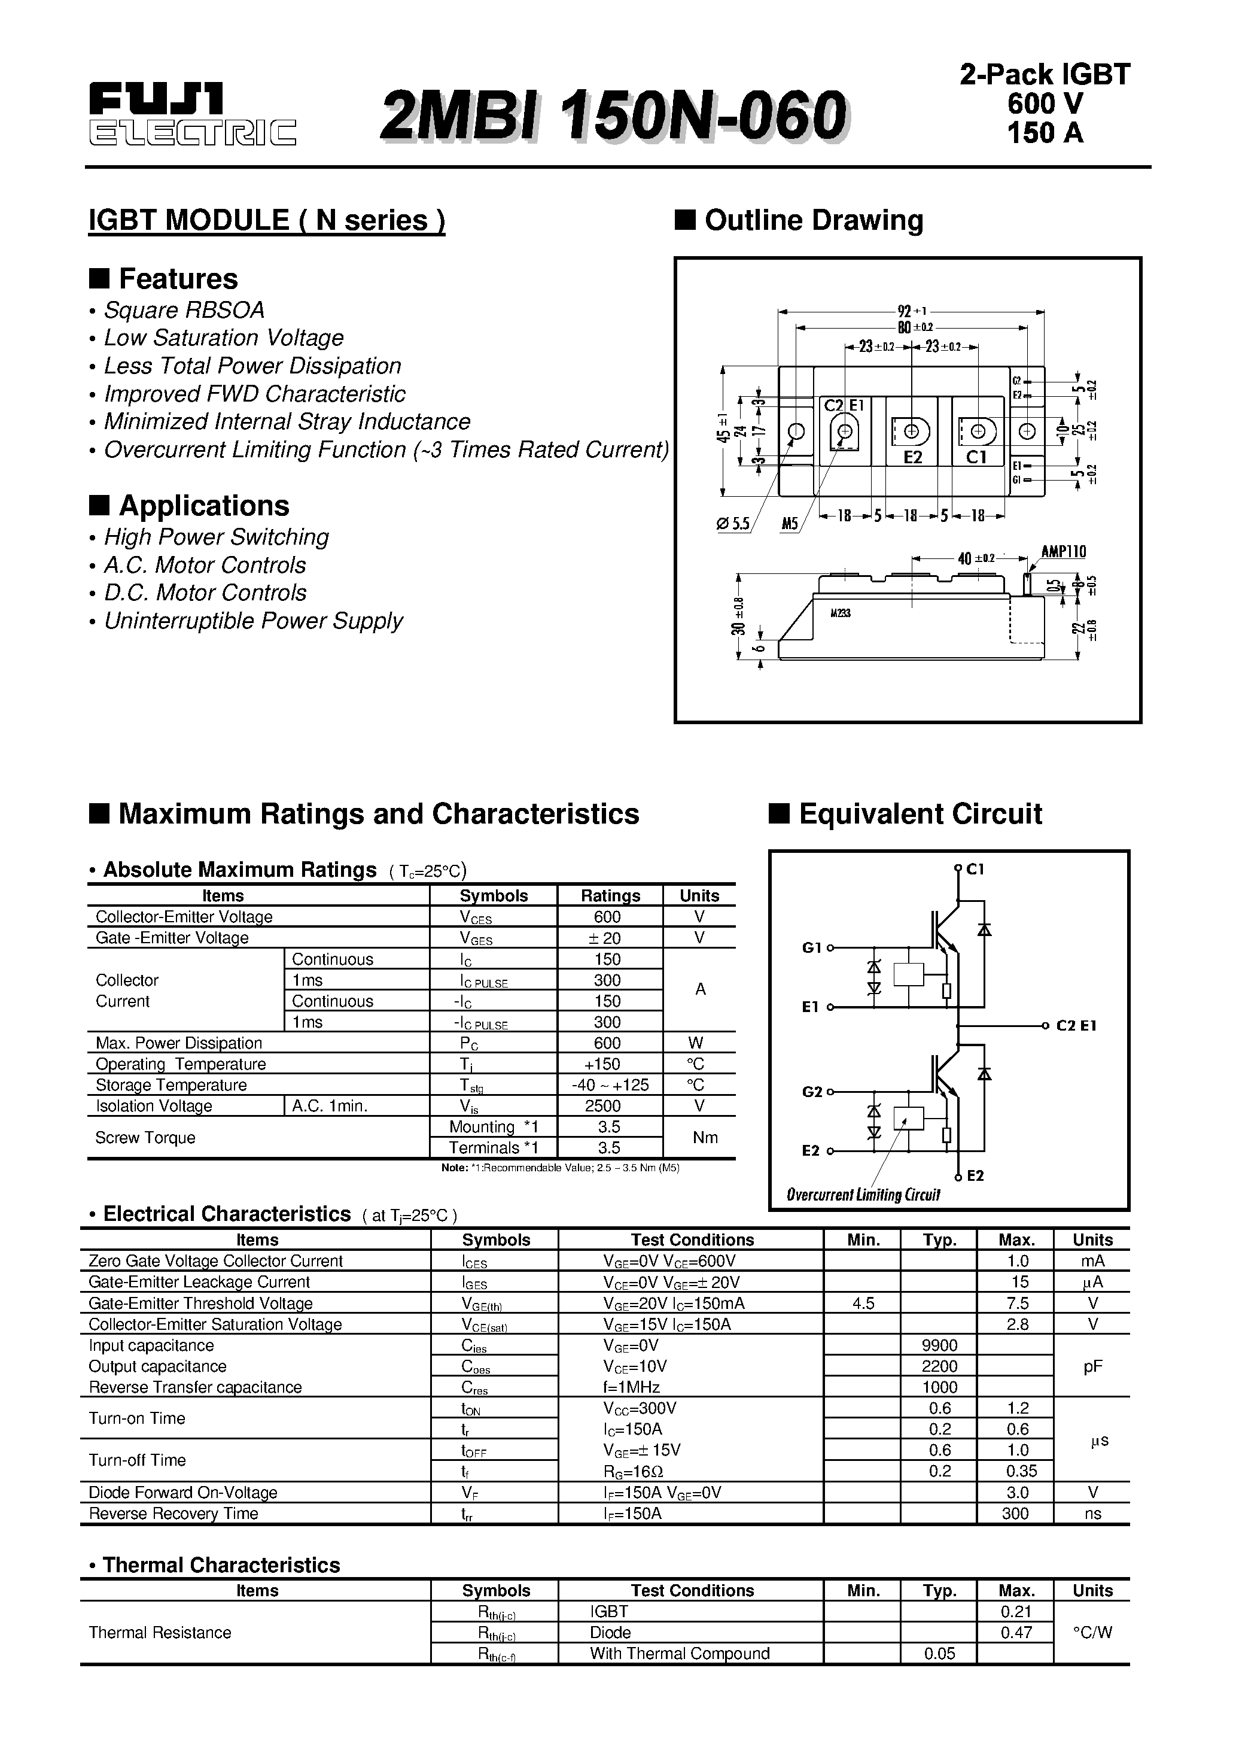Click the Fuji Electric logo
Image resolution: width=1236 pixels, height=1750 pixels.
click(x=192, y=114)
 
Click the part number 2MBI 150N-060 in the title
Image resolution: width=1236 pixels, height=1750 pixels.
click(x=613, y=115)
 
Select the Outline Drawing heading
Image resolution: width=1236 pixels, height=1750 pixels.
click(x=813, y=220)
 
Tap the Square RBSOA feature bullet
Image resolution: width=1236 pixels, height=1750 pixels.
click(x=184, y=310)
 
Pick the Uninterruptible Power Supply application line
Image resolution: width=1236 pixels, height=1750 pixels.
click(x=253, y=621)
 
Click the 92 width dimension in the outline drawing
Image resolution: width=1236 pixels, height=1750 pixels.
click(x=905, y=311)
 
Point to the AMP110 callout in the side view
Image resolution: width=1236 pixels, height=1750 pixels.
click(x=1063, y=551)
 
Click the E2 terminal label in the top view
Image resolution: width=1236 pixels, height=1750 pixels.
click(x=913, y=457)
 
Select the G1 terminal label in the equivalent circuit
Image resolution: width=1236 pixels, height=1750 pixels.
click(x=812, y=947)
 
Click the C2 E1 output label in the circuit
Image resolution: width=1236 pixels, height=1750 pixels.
click(x=1076, y=1026)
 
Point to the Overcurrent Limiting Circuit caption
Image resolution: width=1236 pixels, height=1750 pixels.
click(x=863, y=1195)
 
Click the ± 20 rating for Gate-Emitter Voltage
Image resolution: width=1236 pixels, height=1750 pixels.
click(x=610, y=938)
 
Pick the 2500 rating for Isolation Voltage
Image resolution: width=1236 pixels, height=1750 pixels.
click(x=610, y=1106)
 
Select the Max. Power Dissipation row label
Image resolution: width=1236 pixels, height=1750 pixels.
click(x=178, y=1043)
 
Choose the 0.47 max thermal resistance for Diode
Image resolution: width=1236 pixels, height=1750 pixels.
click(x=1016, y=1632)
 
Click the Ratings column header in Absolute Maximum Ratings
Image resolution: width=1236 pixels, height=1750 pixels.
click(x=610, y=895)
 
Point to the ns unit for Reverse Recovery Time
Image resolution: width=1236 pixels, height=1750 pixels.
click(x=1093, y=1513)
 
